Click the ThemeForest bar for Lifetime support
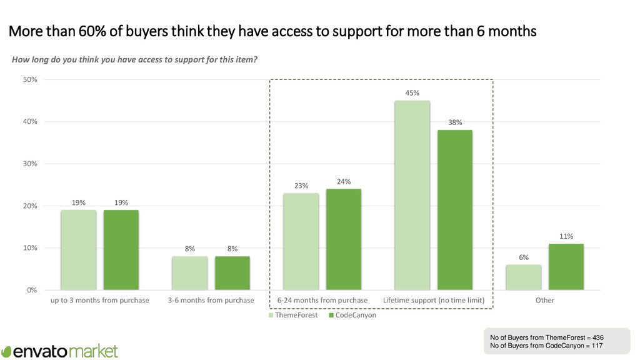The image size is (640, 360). click(412, 195)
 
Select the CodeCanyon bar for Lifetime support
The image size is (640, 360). click(455, 210)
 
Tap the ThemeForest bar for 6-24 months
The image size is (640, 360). click(301, 241)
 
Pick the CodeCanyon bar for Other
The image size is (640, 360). click(566, 267)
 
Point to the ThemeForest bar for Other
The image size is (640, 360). click(523, 277)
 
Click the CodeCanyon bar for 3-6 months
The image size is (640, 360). click(232, 273)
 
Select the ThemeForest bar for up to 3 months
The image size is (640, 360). click(79, 250)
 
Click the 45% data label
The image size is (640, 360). click(412, 93)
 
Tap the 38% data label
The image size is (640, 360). click(455, 122)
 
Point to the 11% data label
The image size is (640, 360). click(566, 236)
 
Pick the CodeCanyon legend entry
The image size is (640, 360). click(352, 315)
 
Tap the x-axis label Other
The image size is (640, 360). click(544, 301)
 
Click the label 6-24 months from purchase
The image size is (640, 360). click(322, 301)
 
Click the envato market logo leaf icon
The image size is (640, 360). click(7, 351)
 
